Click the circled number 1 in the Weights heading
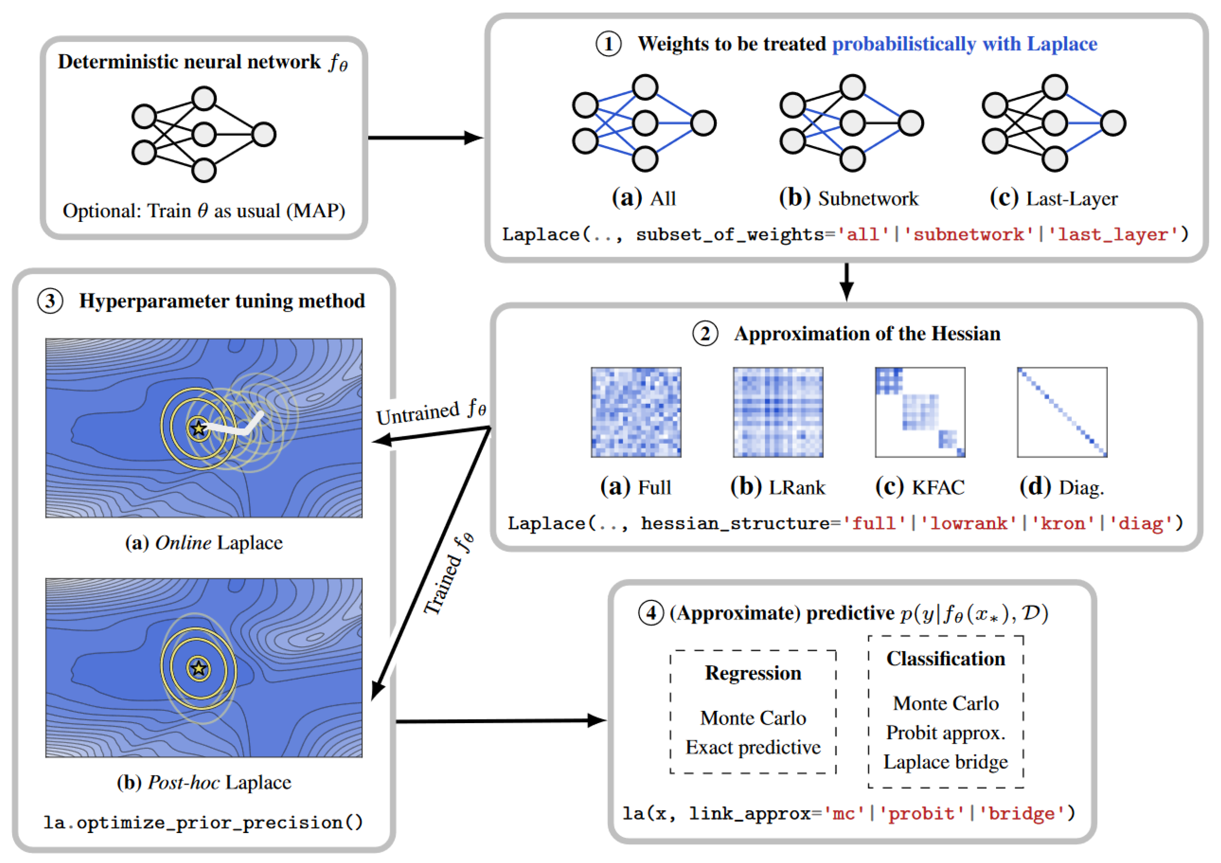point(608,44)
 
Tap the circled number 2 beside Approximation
point(705,334)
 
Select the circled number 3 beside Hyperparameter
point(50,301)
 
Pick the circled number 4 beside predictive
point(651,614)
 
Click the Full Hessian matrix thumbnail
point(636,412)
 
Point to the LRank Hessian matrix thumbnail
point(778,412)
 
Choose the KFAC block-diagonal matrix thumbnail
point(920,412)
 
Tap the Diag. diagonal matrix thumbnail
point(1062,412)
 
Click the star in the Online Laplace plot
point(199,428)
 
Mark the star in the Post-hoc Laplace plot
point(199,668)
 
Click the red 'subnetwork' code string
point(968,234)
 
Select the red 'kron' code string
point(1063,524)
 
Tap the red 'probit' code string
point(922,813)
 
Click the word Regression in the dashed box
point(753,673)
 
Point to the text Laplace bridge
point(945,762)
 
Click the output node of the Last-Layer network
point(1113,123)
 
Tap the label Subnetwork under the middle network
point(868,199)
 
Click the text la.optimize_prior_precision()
point(203,823)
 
